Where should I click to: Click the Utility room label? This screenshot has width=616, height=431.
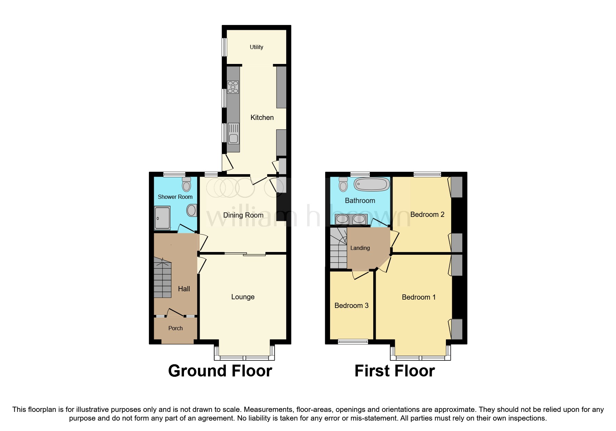click(256, 47)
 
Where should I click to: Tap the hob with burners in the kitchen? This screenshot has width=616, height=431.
click(233, 87)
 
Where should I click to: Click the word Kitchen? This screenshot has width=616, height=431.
click(262, 117)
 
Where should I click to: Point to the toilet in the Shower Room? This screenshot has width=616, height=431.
click(187, 184)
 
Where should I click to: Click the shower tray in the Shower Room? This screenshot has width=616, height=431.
click(162, 218)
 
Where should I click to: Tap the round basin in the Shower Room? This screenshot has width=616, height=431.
click(192, 210)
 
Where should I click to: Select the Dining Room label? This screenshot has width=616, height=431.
click(243, 215)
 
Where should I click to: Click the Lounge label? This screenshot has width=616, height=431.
click(243, 297)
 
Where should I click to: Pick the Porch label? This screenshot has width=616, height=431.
click(175, 328)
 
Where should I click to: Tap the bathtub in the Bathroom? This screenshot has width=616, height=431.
click(371, 184)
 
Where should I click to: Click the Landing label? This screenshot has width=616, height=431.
click(360, 248)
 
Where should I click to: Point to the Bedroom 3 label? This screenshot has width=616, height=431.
click(351, 306)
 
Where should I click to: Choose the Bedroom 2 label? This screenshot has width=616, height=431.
click(427, 214)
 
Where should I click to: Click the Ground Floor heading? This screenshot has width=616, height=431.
click(220, 371)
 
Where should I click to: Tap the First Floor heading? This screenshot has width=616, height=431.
click(394, 371)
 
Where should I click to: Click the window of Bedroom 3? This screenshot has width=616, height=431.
click(353, 342)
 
